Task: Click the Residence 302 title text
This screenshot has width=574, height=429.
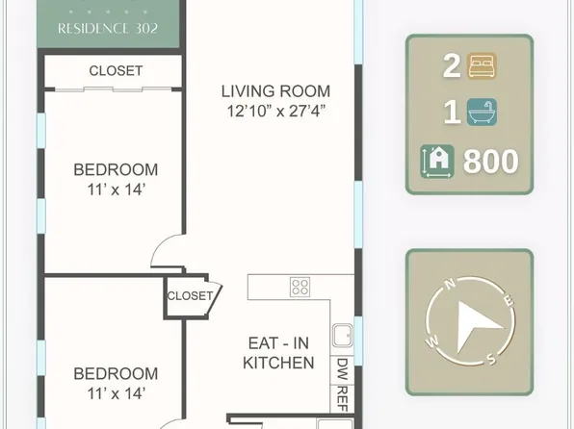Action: point(108,29)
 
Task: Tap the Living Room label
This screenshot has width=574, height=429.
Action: point(275,91)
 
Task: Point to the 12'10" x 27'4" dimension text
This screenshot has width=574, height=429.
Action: point(276,111)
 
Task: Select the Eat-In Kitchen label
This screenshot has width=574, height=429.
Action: point(278,353)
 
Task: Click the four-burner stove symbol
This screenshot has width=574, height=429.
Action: point(300,287)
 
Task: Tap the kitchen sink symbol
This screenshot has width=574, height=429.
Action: point(343,335)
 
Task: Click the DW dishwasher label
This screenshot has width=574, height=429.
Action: point(342,369)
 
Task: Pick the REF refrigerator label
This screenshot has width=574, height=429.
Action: point(342,398)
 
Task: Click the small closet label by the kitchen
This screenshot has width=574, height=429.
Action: point(190,295)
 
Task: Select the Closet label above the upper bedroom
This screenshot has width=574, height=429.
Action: point(116,70)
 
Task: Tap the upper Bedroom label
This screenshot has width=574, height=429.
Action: point(116,169)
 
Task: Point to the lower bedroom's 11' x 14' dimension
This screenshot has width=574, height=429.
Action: point(116,393)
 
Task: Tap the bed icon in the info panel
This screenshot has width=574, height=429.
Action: point(482,65)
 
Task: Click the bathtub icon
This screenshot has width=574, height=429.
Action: point(482,112)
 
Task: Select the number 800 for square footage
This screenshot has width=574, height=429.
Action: point(491,162)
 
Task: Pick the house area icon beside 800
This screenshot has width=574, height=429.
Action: point(437,162)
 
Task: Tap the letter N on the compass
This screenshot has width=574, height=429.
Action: point(450,284)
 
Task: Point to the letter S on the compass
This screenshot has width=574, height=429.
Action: point(491,360)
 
